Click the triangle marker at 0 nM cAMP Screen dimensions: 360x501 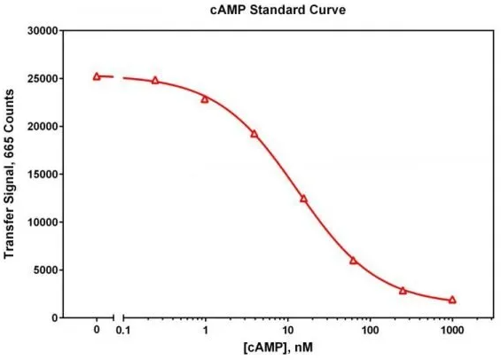click(x=97, y=76)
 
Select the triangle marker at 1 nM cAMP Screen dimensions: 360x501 click(x=205, y=98)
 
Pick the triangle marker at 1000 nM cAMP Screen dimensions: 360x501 click(x=452, y=300)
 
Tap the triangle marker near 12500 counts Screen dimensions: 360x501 click(x=303, y=199)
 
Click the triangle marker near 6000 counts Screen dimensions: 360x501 click(x=353, y=260)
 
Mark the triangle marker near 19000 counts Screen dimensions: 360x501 click(x=254, y=134)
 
